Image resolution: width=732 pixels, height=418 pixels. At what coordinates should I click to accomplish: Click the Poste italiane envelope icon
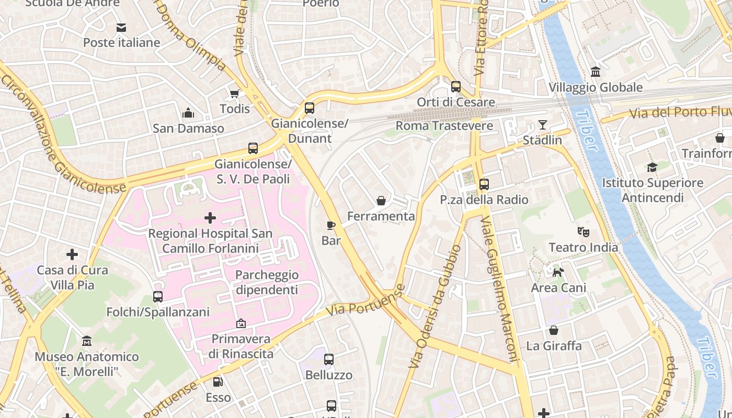(121, 28)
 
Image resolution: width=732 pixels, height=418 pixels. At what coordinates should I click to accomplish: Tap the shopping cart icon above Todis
(235, 94)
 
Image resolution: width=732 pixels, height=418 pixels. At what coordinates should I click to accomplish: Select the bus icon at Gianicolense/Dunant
(310, 109)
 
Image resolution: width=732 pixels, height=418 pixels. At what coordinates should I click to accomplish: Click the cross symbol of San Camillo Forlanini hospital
(210, 217)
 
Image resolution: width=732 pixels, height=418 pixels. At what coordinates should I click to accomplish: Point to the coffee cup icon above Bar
(330, 226)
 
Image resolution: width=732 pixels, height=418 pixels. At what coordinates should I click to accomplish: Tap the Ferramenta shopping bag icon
(381, 201)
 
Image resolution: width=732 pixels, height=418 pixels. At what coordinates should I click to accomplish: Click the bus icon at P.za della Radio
(484, 184)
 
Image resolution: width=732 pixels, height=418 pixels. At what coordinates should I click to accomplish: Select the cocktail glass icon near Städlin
(543, 125)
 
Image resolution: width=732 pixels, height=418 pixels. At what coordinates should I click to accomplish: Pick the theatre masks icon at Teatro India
(583, 231)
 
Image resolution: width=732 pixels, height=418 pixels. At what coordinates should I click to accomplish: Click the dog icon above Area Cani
(558, 272)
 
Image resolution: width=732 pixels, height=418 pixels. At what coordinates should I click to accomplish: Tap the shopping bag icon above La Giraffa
(554, 330)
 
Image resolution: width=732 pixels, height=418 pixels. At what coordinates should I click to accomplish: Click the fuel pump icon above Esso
(218, 382)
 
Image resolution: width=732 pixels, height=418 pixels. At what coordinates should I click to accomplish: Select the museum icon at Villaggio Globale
(595, 72)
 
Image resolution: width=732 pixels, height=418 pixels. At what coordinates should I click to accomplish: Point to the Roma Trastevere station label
(444, 126)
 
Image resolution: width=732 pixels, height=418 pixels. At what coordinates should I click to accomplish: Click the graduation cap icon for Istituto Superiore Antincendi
(652, 167)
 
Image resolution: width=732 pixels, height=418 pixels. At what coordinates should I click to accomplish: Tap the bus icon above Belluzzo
(329, 359)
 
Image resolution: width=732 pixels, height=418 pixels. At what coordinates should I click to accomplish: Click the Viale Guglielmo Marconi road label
(499, 290)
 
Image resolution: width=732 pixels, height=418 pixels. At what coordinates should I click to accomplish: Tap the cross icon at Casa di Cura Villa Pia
(72, 254)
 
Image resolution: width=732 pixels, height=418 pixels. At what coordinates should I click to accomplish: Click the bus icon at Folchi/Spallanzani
(158, 297)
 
